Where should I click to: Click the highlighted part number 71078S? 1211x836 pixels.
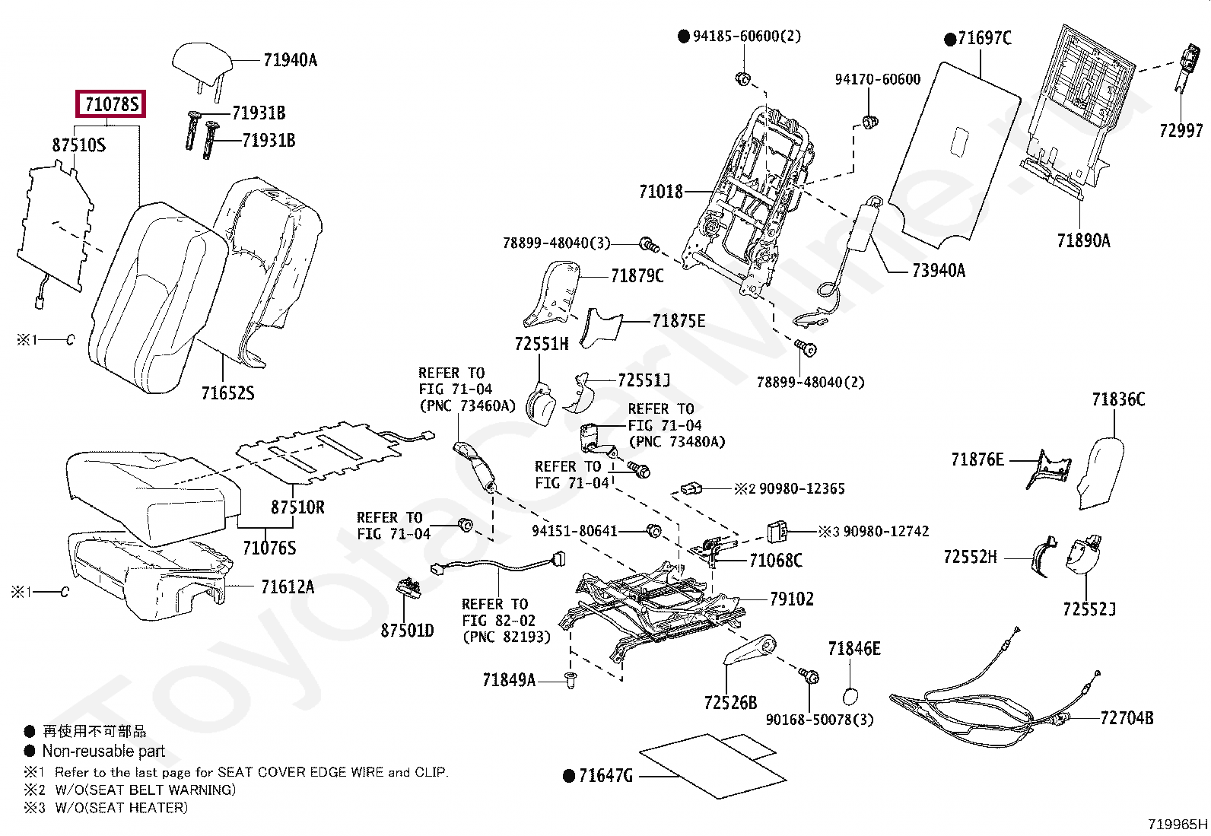[111, 104]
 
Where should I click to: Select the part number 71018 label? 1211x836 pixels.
[660, 192]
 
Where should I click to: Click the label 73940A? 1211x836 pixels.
[938, 271]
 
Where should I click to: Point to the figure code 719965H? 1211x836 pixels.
[1177, 824]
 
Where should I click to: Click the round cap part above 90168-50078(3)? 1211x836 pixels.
[853, 695]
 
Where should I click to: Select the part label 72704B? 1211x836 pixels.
[1126, 717]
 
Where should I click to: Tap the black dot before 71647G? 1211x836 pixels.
[568, 776]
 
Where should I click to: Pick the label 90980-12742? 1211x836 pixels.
[885, 532]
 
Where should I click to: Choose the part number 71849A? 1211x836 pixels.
[508, 680]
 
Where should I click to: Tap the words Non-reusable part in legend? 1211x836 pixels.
[103, 752]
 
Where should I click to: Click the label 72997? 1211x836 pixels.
[1181, 131]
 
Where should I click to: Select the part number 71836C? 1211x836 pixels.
[1117, 400]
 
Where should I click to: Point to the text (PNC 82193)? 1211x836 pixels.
[506, 637]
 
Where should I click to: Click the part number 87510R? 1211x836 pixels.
[297, 507]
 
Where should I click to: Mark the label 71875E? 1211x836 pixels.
[678, 321]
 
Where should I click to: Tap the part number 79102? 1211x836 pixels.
[791, 599]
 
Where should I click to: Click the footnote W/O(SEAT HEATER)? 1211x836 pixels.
[120, 808]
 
